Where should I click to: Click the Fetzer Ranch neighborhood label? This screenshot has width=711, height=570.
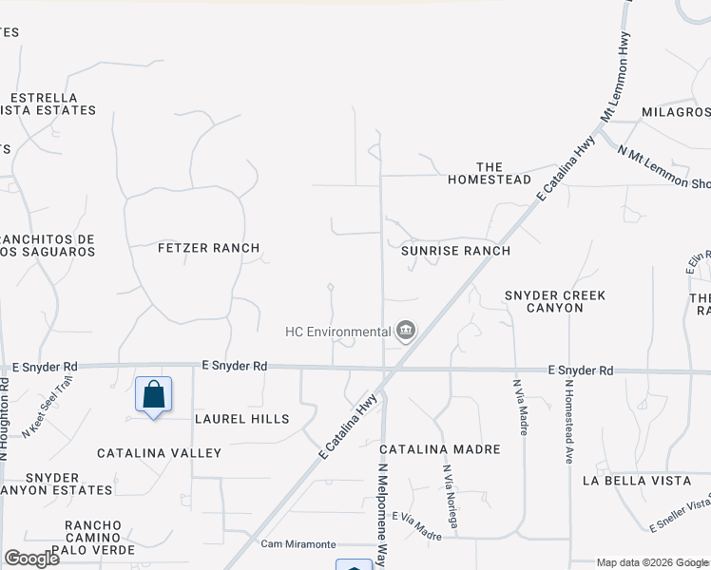tap(208, 248)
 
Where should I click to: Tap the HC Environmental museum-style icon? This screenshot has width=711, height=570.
tap(406, 332)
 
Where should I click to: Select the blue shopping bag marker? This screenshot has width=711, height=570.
tap(153, 394)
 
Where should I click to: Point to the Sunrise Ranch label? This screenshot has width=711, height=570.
tap(455, 251)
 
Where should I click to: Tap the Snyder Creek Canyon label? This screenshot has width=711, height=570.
tap(556, 302)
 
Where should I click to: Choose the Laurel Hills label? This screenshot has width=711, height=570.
tap(241, 419)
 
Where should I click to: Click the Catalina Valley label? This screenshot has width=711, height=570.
tap(159, 453)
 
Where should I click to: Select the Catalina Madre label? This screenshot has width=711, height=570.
tap(433, 448)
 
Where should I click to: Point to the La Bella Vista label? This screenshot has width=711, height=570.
tap(637, 481)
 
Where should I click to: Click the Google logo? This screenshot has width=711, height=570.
tap(31, 558)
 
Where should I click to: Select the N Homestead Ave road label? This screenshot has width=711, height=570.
tap(568, 421)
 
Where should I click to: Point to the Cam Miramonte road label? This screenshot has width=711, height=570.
tap(298, 544)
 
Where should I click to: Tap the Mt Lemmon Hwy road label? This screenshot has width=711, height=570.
tap(615, 91)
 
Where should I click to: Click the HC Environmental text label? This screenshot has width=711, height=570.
tap(338, 332)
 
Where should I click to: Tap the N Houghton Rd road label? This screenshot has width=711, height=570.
tap(5, 419)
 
